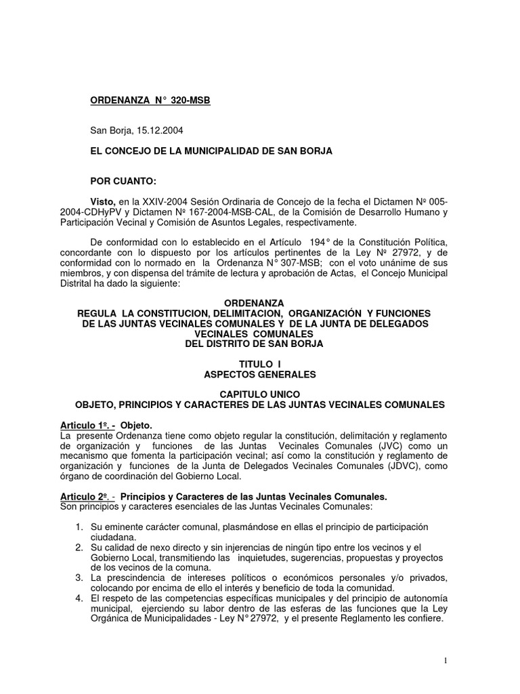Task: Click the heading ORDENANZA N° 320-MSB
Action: coord(150,101)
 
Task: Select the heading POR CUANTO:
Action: coord(123,181)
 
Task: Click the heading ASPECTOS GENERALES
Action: coord(259,374)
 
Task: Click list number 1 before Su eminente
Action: coord(79,527)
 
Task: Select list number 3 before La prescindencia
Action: coord(79,577)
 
